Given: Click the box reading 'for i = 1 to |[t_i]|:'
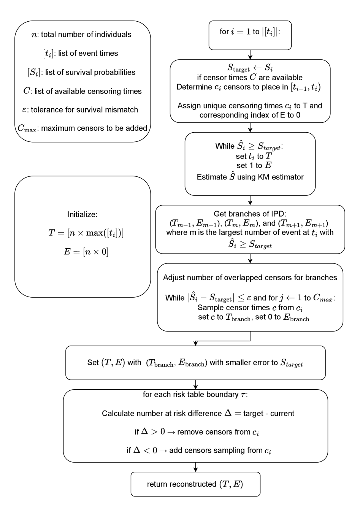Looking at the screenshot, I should coord(250,35).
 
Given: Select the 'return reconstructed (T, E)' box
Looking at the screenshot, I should coord(195,484).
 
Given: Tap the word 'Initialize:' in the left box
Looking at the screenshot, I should coord(82,214).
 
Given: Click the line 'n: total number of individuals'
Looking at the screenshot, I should coord(81,35).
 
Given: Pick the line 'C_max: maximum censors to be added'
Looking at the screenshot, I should coord(82,128).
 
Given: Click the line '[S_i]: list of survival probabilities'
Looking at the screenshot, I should coord(82,72).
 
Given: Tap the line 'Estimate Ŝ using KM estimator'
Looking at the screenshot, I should coord(250,176).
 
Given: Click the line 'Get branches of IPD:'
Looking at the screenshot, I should coord(250,214).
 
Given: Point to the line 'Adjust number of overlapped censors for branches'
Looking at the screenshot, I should coord(250,278).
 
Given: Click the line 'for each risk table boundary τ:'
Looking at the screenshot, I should coord(195,395).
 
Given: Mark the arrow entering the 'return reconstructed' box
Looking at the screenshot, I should coord(195,467).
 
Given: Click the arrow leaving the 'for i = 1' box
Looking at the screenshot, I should coord(250,55).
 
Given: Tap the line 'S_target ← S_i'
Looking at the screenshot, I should coord(250,69).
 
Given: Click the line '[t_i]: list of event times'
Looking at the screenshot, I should coord(81,54).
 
